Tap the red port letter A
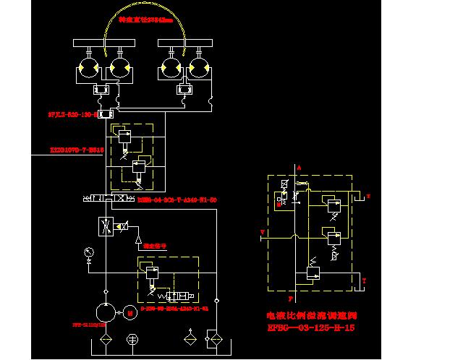click(298, 166)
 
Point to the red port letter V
click(262, 232)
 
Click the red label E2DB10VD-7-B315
click(77, 151)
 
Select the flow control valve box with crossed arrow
click(107, 227)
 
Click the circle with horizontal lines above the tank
click(132, 340)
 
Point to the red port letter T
click(365, 280)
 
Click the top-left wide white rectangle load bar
click(101, 43)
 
